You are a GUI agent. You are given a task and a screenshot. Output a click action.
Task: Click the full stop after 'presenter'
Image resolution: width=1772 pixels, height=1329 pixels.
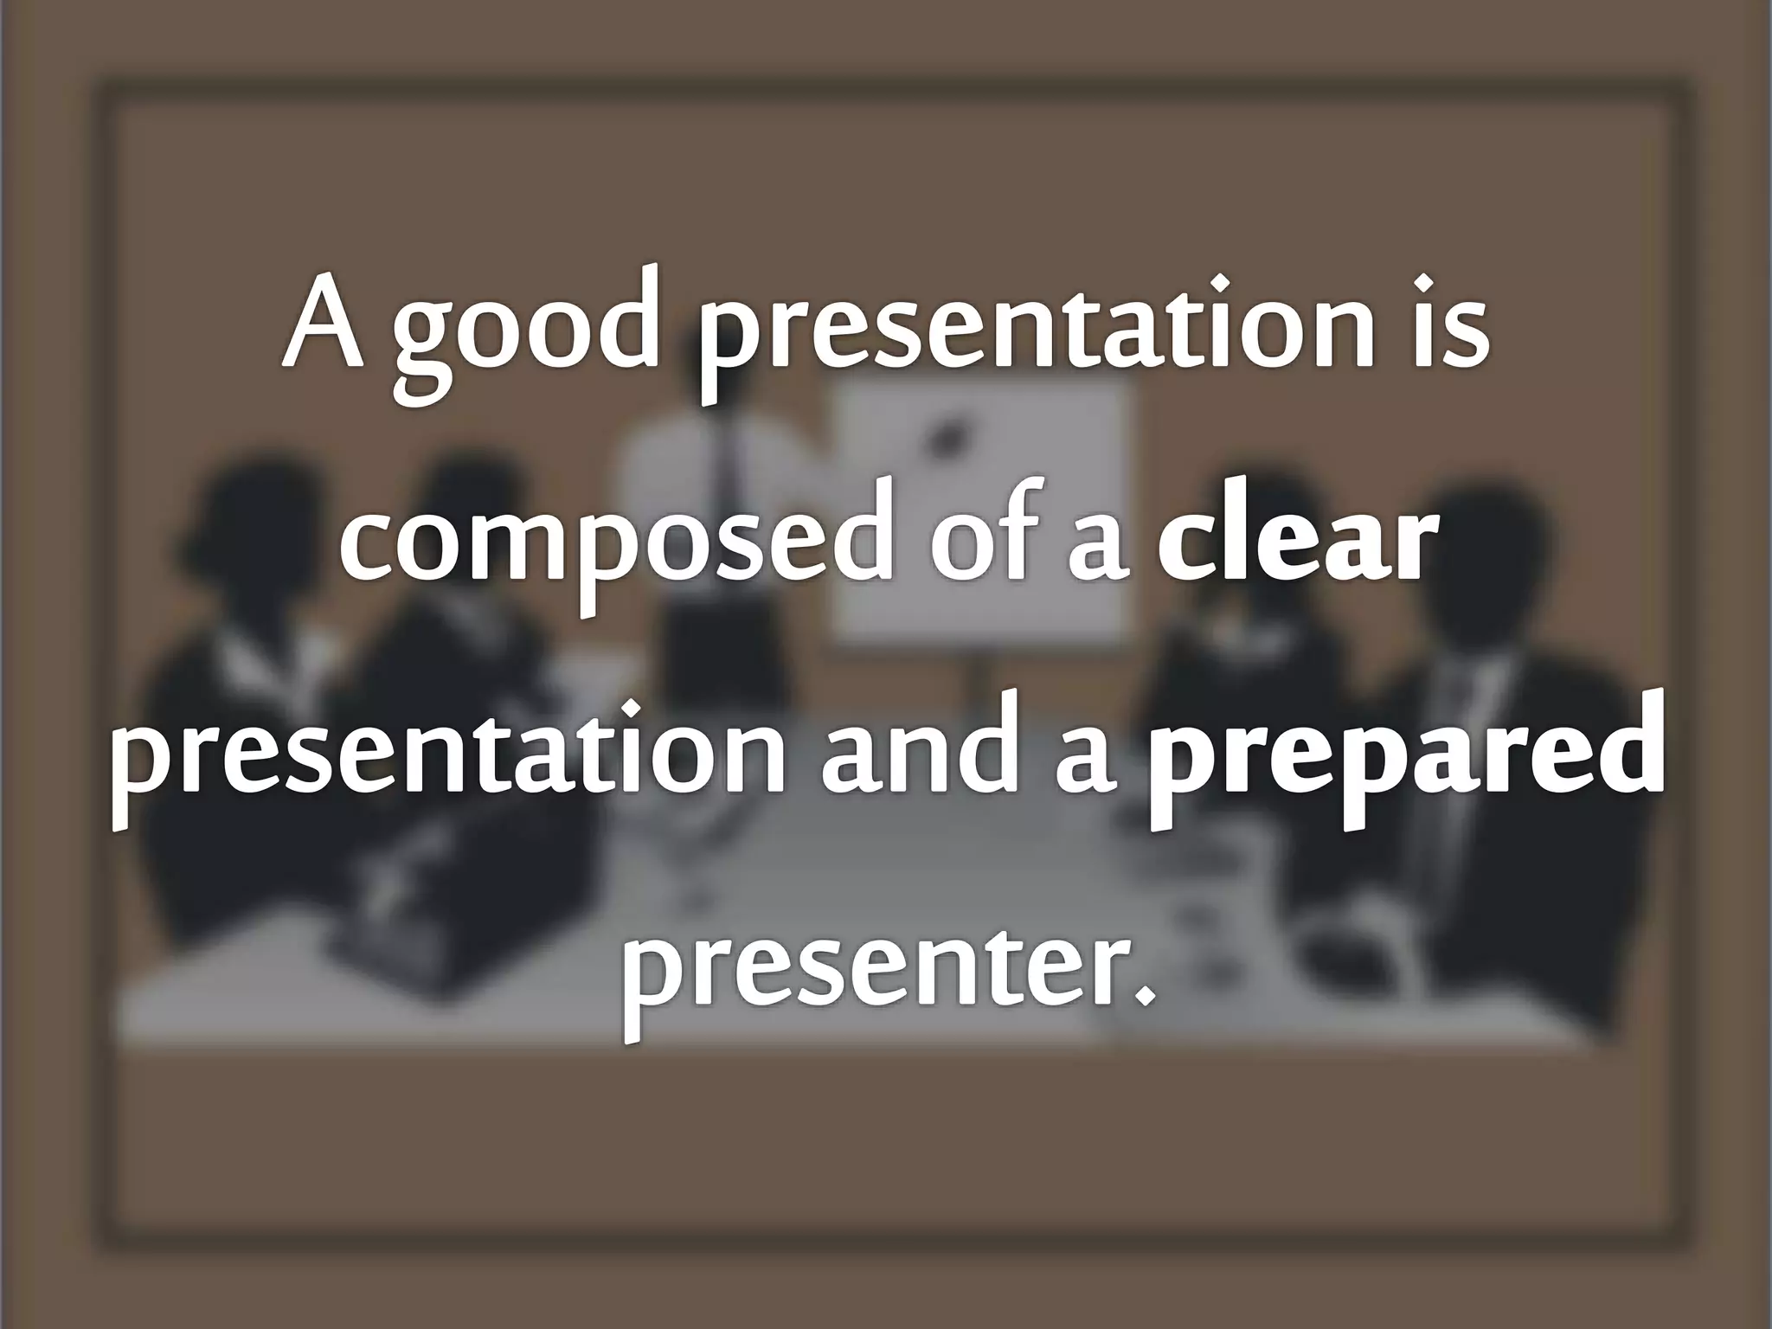coord(1146,995)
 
